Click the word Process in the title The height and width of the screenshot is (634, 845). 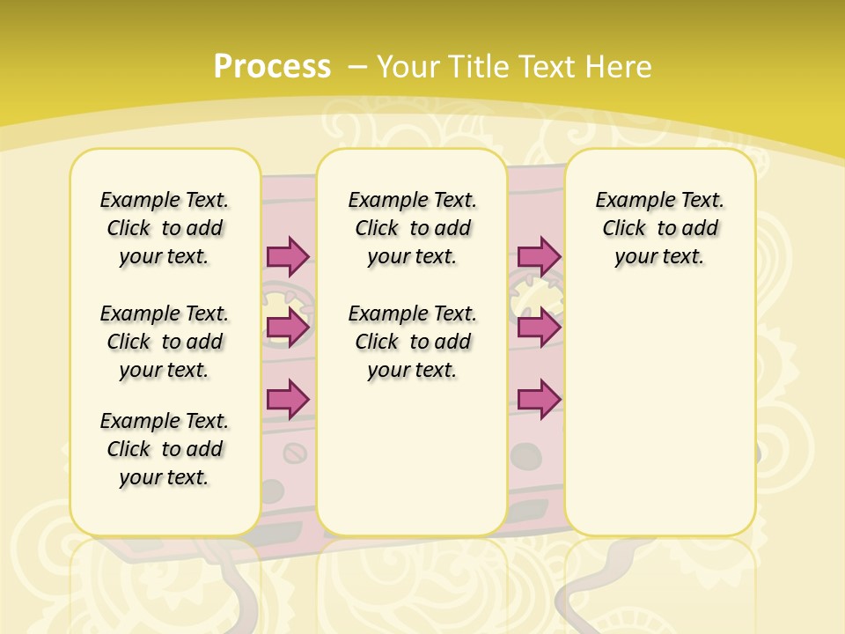click(272, 66)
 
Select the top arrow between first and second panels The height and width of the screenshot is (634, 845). click(288, 256)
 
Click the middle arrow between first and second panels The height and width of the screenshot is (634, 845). click(288, 328)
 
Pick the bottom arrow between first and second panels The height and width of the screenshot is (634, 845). click(288, 399)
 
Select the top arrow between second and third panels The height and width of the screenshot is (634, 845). click(539, 256)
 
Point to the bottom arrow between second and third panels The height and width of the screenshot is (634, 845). click(539, 399)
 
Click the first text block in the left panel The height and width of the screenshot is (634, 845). click(165, 228)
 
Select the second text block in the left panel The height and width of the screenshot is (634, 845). click(165, 342)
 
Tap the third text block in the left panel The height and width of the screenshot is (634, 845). click(165, 449)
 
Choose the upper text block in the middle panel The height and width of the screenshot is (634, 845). click(412, 228)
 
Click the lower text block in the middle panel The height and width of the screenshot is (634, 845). click(412, 342)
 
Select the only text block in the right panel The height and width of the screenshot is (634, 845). click(659, 228)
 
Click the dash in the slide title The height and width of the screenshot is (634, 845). click(357, 66)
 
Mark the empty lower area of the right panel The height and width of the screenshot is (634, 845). click(659, 414)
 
